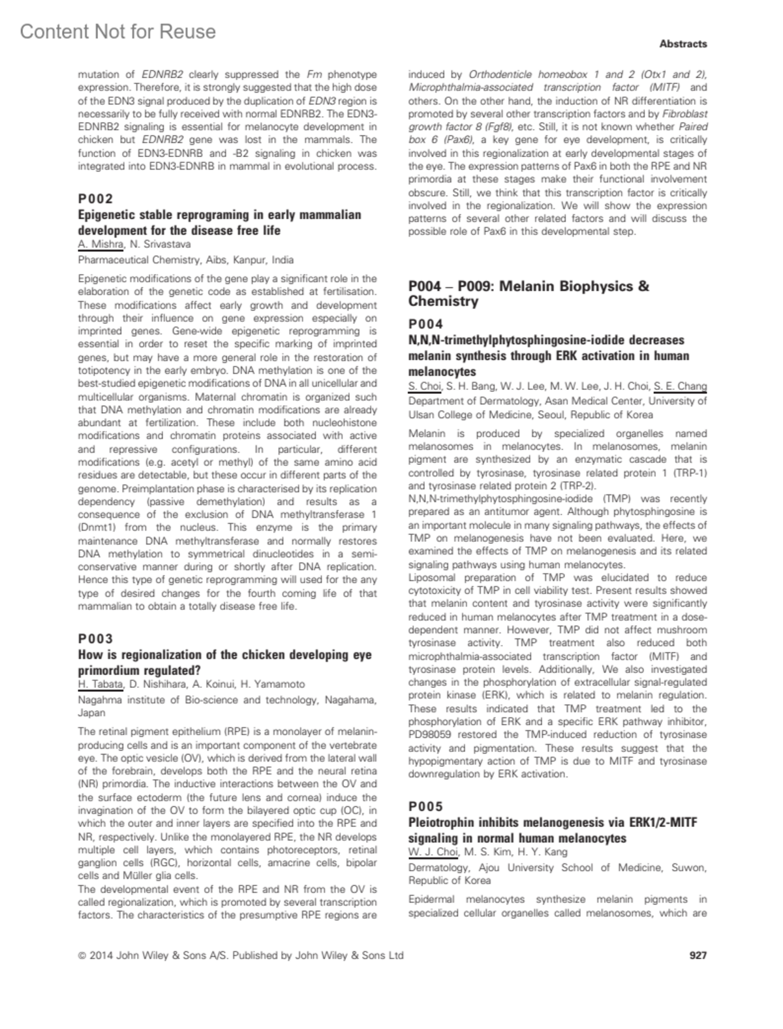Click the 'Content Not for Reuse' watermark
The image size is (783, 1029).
pyautogui.click(x=117, y=31)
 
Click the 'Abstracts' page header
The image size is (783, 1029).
pyautogui.click(x=683, y=44)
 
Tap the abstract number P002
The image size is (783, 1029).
pyautogui.click(x=95, y=198)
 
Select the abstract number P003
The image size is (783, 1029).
pyautogui.click(x=95, y=638)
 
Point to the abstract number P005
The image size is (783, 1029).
pyautogui.click(x=425, y=806)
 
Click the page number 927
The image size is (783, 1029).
pyautogui.click(x=698, y=955)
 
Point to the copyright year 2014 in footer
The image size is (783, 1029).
pyautogui.click(x=102, y=955)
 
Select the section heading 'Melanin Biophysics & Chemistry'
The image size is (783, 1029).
pyautogui.click(x=529, y=293)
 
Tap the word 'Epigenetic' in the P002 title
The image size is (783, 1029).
pyautogui.click(x=109, y=215)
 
